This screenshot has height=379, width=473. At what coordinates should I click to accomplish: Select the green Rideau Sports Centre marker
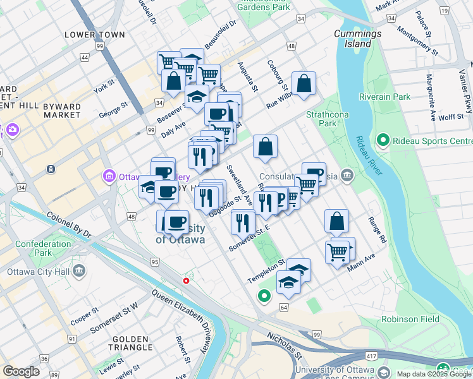point(382,140)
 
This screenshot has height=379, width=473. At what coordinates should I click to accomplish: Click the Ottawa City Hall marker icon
point(79,272)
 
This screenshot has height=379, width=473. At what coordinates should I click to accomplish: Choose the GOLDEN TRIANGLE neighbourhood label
point(130,343)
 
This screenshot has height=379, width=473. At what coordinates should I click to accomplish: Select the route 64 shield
point(283,307)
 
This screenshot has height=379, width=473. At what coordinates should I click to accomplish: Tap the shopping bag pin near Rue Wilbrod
point(304,83)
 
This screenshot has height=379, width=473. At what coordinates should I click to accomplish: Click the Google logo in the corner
point(21,371)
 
